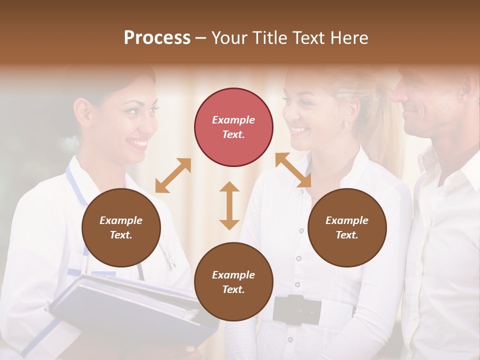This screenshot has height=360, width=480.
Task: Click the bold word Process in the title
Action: coord(157,38)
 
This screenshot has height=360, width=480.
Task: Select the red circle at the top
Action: coord(233,127)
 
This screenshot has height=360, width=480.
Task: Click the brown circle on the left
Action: coord(121,227)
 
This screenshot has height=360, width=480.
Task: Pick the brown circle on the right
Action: coord(347,227)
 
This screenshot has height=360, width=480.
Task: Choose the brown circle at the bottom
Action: coord(233,282)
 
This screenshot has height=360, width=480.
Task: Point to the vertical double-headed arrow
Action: coord(229,205)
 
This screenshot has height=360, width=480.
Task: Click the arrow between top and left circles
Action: coord(173,175)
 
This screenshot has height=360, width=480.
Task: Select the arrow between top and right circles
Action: coord(293,170)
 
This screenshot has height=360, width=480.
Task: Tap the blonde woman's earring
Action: coord(346,124)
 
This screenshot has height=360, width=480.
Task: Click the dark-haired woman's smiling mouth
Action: coord(139,143)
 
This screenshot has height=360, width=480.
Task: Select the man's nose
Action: coord(398,94)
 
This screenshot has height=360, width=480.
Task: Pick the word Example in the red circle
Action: coord(233,120)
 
